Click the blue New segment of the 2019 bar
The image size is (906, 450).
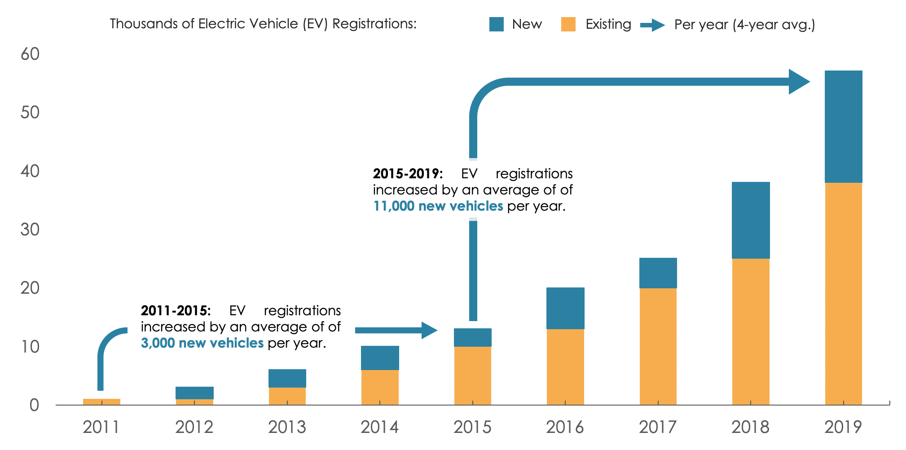(x=843, y=127)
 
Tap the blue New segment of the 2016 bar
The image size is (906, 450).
(x=565, y=308)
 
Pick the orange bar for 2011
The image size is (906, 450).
(x=101, y=401)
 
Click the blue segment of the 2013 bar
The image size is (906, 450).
(x=287, y=378)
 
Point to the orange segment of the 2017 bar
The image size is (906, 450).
(x=658, y=346)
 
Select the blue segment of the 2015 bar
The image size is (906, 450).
(x=473, y=337)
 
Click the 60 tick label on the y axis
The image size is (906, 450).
(x=30, y=54)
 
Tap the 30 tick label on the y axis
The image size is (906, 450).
(x=30, y=230)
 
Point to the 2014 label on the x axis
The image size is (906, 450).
(x=379, y=427)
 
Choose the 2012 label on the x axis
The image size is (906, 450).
(x=194, y=427)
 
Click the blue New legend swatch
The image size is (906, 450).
(x=496, y=24)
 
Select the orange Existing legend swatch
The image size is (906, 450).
(x=568, y=24)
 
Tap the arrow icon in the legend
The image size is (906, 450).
(x=652, y=25)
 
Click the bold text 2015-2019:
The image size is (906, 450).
(x=408, y=174)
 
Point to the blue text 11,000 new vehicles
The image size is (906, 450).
(x=438, y=206)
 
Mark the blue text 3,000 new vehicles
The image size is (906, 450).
(x=202, y=343)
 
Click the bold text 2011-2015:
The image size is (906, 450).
(x=176, y=311)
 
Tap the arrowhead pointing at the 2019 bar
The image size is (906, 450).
(x=799, y=82)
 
